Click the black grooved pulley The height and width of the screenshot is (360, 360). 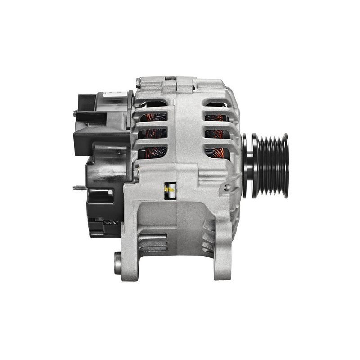[x=270, y=165]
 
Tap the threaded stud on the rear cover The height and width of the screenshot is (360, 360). [x=79, y=188]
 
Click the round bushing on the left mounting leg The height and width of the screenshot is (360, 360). [x=118, y=263]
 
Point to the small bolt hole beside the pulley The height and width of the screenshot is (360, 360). [x=227, y=188]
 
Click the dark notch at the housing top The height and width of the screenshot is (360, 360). [x=171, y=78]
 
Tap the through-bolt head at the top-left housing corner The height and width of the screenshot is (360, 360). [x=139, y=83]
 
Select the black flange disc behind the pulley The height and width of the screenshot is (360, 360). [x=246, y=165]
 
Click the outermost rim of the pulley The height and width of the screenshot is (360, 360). [x=285, y=165]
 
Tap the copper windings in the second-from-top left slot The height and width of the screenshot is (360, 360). [x=153, y=118]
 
